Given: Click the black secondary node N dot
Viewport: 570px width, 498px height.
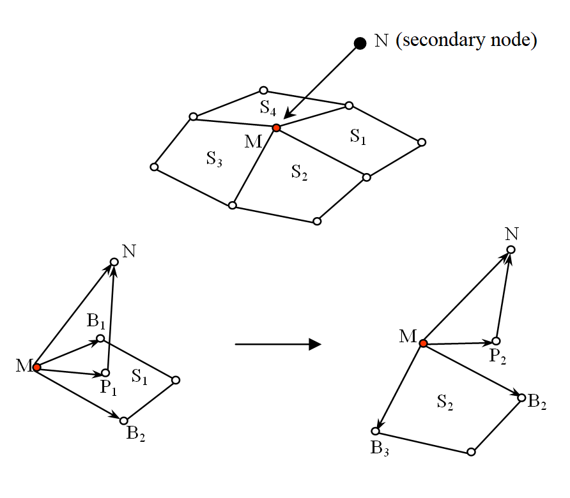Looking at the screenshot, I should [x=360, y=43].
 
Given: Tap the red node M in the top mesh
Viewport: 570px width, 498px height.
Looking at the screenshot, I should [x=276, y=128].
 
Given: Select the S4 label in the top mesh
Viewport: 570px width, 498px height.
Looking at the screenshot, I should [x=268, y=107].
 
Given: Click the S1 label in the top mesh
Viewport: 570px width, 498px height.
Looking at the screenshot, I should [x=358, y=136].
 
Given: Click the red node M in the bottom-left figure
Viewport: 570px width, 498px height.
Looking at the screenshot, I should [x=37, y=367].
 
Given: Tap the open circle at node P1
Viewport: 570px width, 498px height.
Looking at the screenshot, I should [x=106, y=372].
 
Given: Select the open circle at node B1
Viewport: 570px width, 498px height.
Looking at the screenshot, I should [x=100, y=338].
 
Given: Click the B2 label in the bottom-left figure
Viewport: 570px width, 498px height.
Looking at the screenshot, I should [x=135, y=434].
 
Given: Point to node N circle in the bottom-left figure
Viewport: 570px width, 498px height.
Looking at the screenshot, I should [x=114, y=262].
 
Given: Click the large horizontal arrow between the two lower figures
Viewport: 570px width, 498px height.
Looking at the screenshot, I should [x=277, y=345].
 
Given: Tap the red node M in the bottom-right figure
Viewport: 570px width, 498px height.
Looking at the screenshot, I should [x=423, y=344].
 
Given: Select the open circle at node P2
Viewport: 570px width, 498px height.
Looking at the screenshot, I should [x=496, y=341].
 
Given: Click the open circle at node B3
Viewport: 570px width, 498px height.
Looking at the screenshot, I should [x=375, y=431].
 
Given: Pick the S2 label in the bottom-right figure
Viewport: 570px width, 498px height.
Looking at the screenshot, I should [x=446, y=402].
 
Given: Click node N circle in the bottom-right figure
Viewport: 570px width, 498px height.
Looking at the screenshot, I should [x=511, y=250].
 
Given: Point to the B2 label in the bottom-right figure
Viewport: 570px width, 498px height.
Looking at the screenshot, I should [x=537, y=402].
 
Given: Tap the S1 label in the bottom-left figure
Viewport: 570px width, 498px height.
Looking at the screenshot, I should [x=140, y=377].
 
